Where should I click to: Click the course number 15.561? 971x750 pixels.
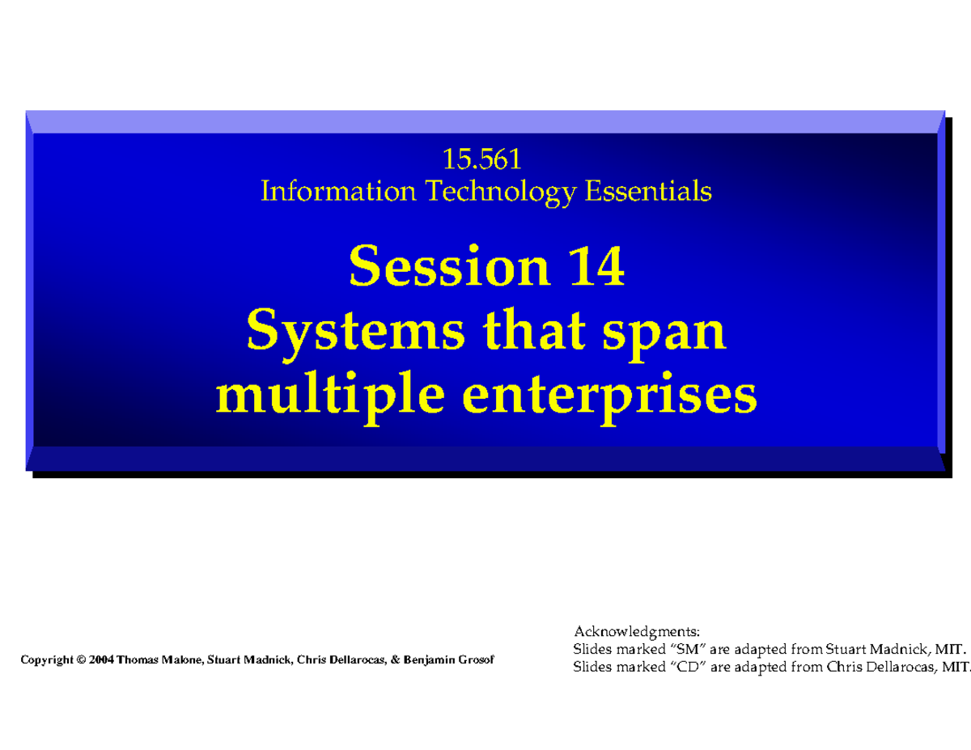pos(481,159)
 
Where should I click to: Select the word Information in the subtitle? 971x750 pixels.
pos(338,191)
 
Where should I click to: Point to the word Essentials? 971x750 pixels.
pos(648,191)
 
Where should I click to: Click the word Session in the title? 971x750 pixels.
pos(448,266)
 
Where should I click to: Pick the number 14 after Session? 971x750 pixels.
pos(596,266)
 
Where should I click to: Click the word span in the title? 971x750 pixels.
pos(664,336)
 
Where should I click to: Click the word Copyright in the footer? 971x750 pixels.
pos(47,660)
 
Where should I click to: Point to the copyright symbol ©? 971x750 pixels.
pos(81,659)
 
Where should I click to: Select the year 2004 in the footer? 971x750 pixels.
pos(101,659)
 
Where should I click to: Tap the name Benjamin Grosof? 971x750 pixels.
pos(448,659)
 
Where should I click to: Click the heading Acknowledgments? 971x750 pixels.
pos(637,632)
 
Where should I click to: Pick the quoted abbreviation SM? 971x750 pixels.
pos(687,649)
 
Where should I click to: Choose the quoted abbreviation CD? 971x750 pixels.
pos(688,667)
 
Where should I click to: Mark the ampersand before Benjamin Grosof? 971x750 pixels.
pos(395,659)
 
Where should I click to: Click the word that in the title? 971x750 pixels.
pos(533,332)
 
